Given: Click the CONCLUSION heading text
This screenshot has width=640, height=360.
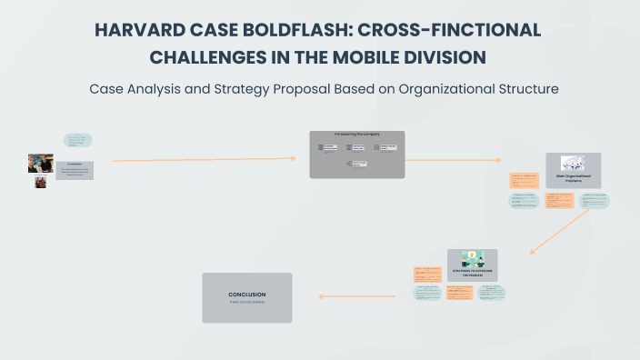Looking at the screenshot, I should pyautogui.click(x=246, y=295).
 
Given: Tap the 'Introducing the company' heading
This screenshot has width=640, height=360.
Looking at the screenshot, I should pyautogui.click(x=356, y=135).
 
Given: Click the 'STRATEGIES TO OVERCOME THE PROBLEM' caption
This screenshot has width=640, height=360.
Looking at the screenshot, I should pyautogui.click(x=472, y=274).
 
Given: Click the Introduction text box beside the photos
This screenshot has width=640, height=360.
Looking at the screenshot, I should pyautogui.click(x=75, y=169).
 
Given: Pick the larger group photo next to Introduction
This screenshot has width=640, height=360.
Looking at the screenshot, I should pyautogui.click(x=40, y=163).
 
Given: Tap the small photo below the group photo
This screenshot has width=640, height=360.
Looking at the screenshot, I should pyautogui.click(x=40, y=182).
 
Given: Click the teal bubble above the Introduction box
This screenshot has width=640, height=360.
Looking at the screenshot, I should pyautogui.click(x=78, y=140).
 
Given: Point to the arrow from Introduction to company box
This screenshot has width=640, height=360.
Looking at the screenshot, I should pyautogui.click(x=205, y=160).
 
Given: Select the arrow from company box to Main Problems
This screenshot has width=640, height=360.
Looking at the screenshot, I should pyautogui.click(x=450, y=160).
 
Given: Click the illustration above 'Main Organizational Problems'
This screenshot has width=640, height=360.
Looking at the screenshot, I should pyautogui.click(x=573, y=163).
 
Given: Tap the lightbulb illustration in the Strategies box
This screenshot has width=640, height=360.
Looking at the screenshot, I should pyautogui.click(x=472, y=258).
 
